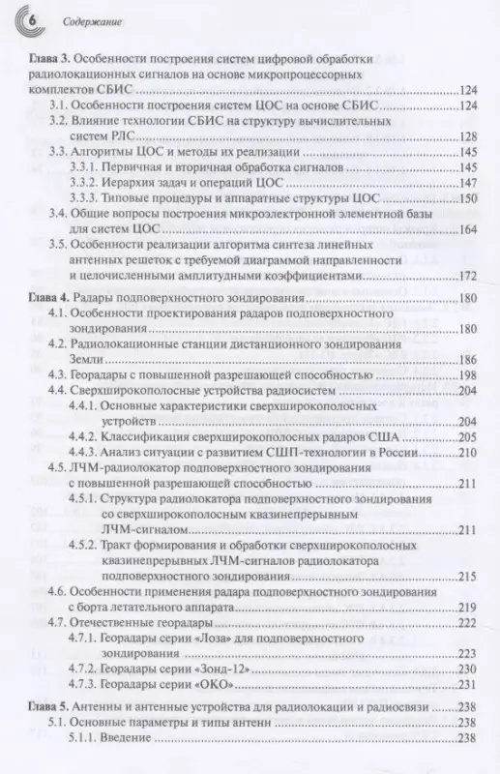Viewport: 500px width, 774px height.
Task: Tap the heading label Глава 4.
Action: [46, 296]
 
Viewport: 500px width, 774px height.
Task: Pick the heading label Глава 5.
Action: [46, 705]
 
